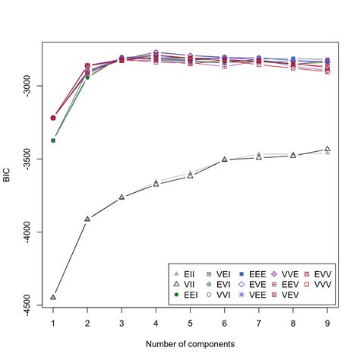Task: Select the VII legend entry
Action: [188, 283]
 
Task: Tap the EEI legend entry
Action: [188, 294]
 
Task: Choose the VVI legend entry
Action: [226, 294]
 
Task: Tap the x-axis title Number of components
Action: [190, 344]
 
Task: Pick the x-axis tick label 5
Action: [190, 323]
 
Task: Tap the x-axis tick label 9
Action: [327, 323]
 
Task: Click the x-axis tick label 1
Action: [52, 323]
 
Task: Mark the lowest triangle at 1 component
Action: [52, 297]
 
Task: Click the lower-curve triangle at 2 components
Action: [87, 219]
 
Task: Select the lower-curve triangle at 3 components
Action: [122, 197]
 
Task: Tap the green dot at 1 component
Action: [52, 141]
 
